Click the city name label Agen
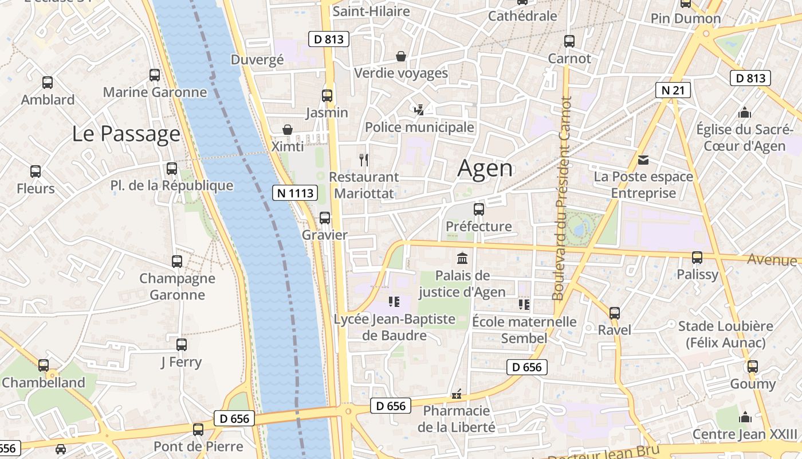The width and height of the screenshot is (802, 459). (485, 169)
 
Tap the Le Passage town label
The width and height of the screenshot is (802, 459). (126, 134)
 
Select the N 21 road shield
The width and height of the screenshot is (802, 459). (673, 90)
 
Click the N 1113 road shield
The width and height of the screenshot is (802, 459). (295, 193)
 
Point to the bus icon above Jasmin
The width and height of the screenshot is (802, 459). (327, 96)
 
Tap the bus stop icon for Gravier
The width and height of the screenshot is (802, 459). (325, 218)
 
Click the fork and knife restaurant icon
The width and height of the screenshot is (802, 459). (363, 160)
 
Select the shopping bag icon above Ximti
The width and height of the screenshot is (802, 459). (288, 130)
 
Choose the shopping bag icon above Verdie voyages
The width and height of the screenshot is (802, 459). (401, 56)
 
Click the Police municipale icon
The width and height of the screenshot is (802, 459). (419, 109)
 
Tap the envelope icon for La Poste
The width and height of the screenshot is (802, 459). (643, 160)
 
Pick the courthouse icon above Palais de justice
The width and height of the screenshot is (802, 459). (462, 258)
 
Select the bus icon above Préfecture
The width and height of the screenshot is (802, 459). (479, 209)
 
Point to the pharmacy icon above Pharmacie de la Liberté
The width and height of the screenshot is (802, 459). (457, 394)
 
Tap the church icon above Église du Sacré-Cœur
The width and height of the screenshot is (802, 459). (745, 112)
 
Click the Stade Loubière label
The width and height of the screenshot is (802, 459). (725, 326)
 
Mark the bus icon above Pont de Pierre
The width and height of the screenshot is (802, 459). (198, 429)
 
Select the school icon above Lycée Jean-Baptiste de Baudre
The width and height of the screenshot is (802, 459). (394, 302)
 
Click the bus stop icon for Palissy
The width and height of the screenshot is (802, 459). (697, 258)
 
